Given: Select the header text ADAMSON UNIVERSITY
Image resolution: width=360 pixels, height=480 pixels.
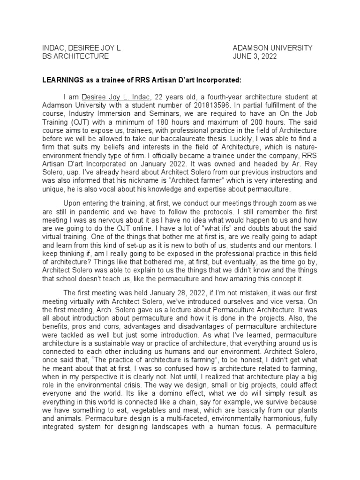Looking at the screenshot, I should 272,48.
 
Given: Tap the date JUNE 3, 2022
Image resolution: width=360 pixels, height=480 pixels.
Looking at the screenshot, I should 255,56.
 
